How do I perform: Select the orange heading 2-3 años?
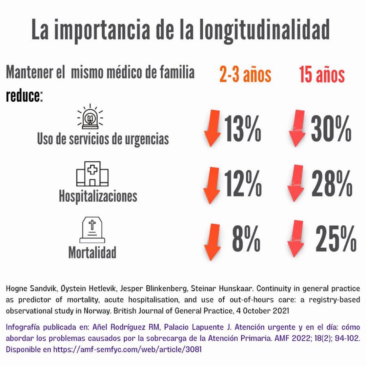coord(245,75)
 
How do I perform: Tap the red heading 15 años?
coord(322,75)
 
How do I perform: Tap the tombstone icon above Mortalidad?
coord(92,230)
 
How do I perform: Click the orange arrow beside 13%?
coord(213,128)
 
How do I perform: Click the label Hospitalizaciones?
coord(98,196)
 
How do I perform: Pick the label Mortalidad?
coord(92,252)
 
